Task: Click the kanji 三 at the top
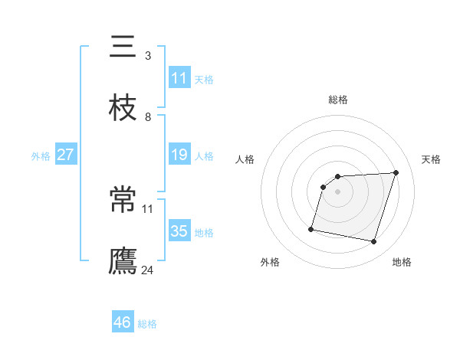pyautogui.click(x=122, y=47)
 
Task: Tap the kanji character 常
pyautogui.click(x=122, y=201)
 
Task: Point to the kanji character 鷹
pyautogui.click(x=122, y=260)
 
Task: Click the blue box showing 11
pyautogui.click(x=179, y=77)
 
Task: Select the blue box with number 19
pyautogui.click(x=179, y=155)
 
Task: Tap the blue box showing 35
pyautogui.click(x=179, y=231)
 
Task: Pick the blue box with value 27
pyautogui.click(x=65, y=155)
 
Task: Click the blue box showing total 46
pyautogui.click(x=123, y=322)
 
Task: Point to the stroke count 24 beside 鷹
pyautogui.click(x=148, y=270)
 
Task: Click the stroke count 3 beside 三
pyautogui.click(x=148, y=56)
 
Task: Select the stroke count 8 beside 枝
pyautogui.click(x=148, y=116)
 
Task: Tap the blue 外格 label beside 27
pyautogui.click(x=41, y=156)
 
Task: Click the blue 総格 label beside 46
pyautogui.click(x=147, y=324)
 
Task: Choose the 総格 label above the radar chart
pyautogui.click(x=338, y=100)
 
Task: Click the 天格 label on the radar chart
pyautogui.click(x=431, y=159)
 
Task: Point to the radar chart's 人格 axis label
pyautogui.click(x=245, y=159)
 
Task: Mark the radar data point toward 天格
pyautogui.click(x=396, y=172)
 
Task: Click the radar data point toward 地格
pyautogui.click(x=373, y=242)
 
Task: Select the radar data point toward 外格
pyautogui.click(x=311, y=229)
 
